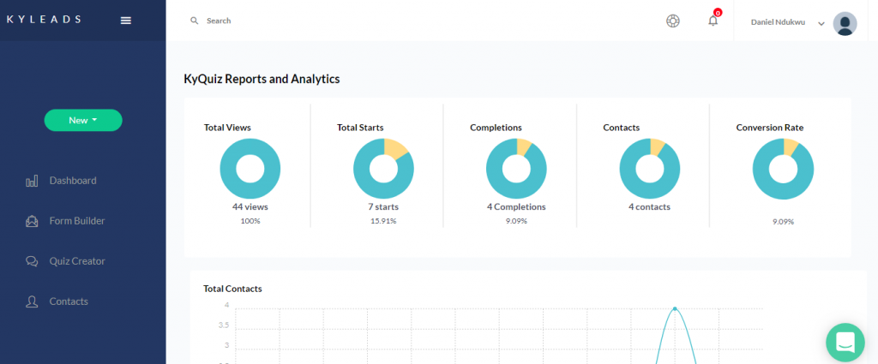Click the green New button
(x=83, y=121)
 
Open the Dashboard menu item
(x=72, y=181)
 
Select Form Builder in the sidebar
(x=76, y=221)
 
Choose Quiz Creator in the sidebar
(x=76, y=261)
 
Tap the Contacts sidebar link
(x=68, y=301)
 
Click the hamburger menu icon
(x=126, y=21)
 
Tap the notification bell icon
(x=713, y=21)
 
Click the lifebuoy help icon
(x=673, y=21)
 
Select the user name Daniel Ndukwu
(x=779, y=23)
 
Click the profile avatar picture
(x=845, y=23)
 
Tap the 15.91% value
(x=383, y=221)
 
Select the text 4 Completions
(x=516, y=207)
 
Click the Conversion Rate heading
(x=769, y=128)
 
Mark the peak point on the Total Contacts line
(x=675, y=308)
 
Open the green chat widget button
(x=845, y=342)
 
